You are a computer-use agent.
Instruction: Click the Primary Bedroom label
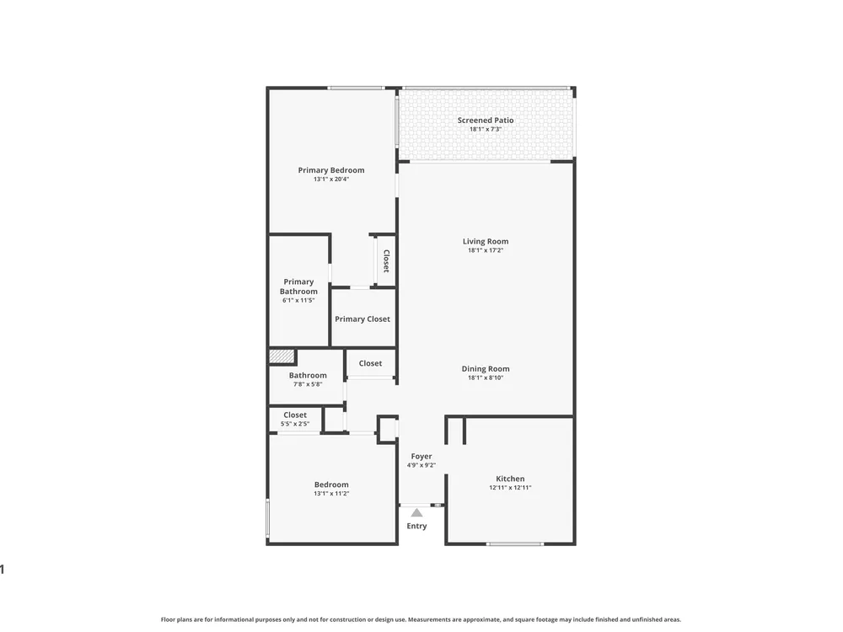(x=331, y=170)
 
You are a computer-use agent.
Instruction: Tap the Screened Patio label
(x=486, y=121)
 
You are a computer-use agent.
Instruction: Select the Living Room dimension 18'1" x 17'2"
(x=486, y=250)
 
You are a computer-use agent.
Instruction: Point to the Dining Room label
(x=486, y=369)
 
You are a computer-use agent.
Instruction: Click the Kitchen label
(x=510, y=479)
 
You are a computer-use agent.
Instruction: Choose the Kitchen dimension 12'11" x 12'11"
(x=510, y=488)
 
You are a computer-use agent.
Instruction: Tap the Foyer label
(x=421, y=457)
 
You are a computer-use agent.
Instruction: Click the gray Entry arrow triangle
(x=416, y=512)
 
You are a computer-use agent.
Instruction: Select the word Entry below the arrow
(x=416, y=526)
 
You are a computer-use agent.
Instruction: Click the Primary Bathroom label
(x=298, y=287)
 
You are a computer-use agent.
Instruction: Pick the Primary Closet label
(x=362, y=319)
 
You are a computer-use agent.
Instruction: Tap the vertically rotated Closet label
(x=386, y=260)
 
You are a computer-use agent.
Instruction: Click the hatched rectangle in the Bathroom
(x=282, y=356)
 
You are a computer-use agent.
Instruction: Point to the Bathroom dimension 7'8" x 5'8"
(x=308, y=385)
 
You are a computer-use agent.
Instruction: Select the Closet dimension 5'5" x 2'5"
(x=294, y=424)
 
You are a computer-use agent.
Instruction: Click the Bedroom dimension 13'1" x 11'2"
(x=331, y=494)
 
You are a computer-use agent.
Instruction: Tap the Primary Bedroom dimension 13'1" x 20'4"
(x=331, y=179)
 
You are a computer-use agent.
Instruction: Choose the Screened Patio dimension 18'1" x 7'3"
(x=486, y=130)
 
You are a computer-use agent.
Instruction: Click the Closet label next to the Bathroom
(x=370, y=363)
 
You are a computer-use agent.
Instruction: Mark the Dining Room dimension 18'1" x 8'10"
(x=486, y=378)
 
